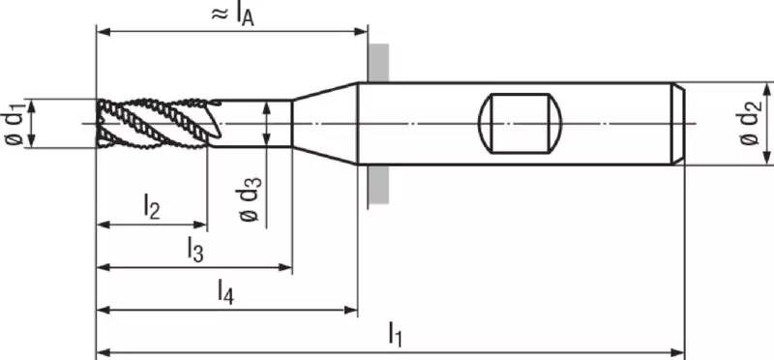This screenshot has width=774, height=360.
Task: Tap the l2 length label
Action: (x=152, y=206)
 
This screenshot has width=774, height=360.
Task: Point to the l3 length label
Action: (x=195, y=250)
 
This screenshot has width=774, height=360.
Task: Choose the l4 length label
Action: (x=225, y=292)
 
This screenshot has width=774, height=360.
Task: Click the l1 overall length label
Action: (x=395, y=334)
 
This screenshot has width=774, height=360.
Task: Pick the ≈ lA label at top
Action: (x=232, y=15)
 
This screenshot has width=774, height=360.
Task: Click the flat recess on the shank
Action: (x=521, y=123)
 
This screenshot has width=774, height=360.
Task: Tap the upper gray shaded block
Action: (x=378, y=62)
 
